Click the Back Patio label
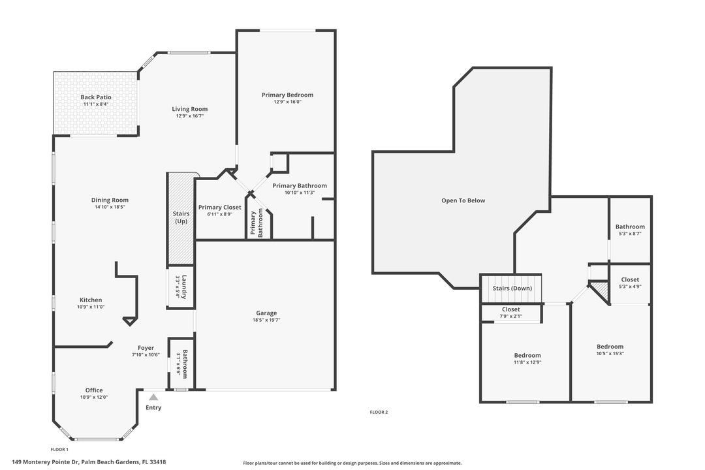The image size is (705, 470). click(x=96, y=97)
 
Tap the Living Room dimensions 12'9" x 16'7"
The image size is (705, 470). click(x=190, y=116)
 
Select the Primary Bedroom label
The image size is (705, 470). click(x=287, y=95)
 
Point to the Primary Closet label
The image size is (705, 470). click(x=219, y=207)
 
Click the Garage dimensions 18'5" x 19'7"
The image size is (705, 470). click(x=266, y=321)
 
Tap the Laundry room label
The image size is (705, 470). click(x=185, y=285)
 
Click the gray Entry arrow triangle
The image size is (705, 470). click(x=153, y=396)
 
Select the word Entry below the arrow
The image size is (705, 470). click(x=153, y=408)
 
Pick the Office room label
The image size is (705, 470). click(x=94, y=390)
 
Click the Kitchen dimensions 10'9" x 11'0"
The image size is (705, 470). click(x=91, y=307)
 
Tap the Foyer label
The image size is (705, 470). click(x=146, y=348)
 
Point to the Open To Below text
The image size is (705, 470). click(x=463, y=200)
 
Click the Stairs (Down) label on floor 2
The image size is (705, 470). click(x=512, y=288)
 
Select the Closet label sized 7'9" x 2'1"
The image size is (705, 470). click(x=511, y=309)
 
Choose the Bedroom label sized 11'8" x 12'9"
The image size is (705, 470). click(x=527, y=355)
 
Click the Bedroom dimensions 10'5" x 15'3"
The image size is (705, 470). click(x=610, y=353)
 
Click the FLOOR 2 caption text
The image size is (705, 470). click(x=379, y=412)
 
